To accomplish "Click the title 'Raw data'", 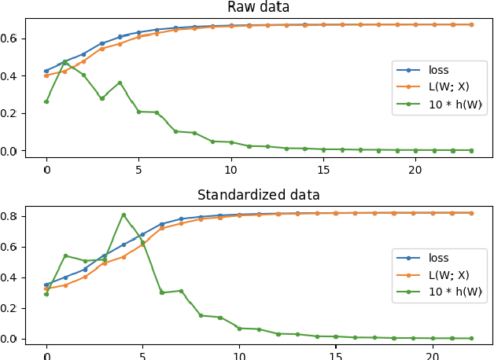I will click(x=258, y=7).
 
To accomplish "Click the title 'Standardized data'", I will click(x=258, y=195).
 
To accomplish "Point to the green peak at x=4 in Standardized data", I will click(x=124, y=215).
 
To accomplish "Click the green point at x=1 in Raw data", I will click(x=65, y=61).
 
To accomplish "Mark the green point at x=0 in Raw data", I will click(x=46, y=101).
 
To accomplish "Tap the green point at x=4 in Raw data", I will click(x=120, y=83).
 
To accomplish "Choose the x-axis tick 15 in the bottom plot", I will click(x=335, y=354).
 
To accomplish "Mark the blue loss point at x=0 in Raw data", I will click(x=46, y=71).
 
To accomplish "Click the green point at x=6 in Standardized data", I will click(x=162, y=292).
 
